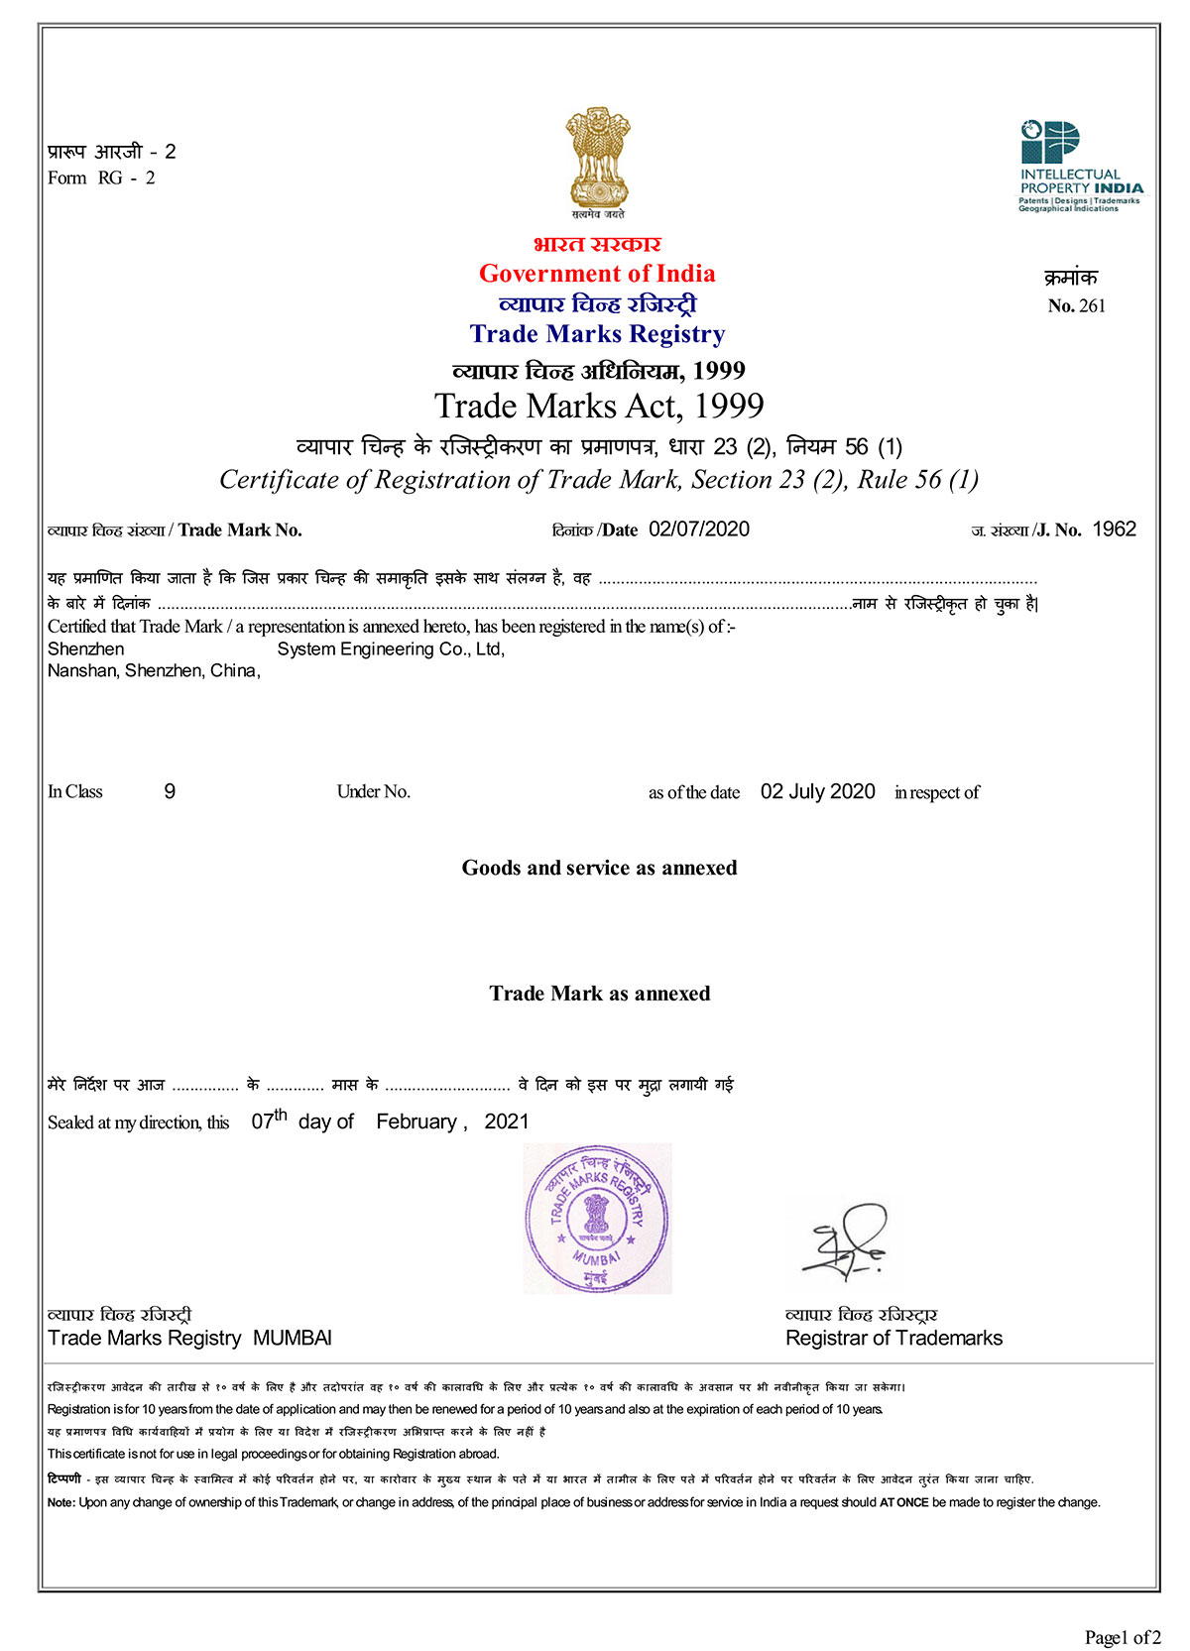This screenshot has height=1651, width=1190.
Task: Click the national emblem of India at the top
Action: (597, 159)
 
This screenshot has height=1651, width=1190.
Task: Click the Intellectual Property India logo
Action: (1079, 166)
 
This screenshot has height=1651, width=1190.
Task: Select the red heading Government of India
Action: (597, 274)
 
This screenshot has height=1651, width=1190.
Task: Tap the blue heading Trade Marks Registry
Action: (597, 334)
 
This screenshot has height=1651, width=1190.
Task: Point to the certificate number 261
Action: (1091, 306)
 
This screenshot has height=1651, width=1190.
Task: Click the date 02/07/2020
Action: (699, 530)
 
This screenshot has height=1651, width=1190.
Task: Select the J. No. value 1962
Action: (1114, 530)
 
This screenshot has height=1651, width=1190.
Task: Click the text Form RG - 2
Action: (101, 178)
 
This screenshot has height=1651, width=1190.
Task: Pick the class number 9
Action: (170, 791)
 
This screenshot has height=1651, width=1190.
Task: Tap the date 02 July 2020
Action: (817, 791)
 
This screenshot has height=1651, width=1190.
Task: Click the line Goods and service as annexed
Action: (599, 868)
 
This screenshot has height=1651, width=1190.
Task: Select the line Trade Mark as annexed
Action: (599, 994)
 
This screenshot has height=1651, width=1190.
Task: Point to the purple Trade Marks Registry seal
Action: (597, 1219)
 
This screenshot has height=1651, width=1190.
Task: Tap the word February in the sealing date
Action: (416, 1121)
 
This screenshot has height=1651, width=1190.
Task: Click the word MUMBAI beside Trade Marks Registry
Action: (293, 1338)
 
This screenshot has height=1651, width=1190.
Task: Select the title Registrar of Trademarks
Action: (893, 1338)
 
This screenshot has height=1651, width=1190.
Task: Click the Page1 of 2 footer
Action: (1122, 1637)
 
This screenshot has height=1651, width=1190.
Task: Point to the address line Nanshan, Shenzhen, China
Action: (154, 671)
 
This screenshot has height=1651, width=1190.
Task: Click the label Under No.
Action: (373, 791)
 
